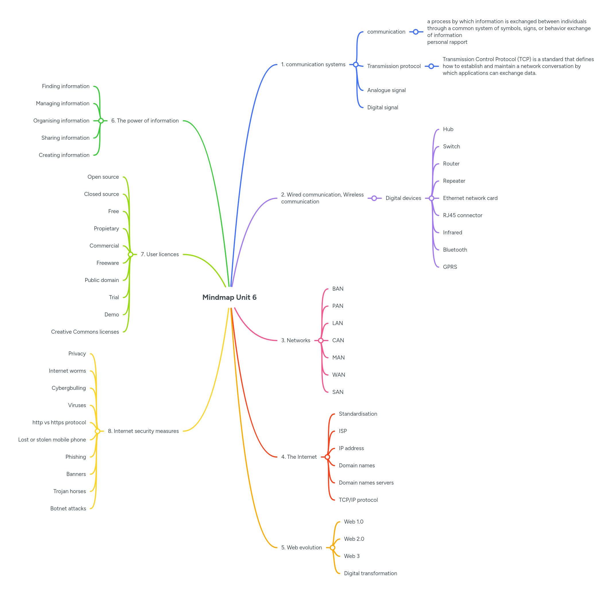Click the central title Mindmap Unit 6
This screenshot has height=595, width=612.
pyautogui.click(x=230, y=297)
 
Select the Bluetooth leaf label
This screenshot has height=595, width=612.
pyautogui.click(x=455, y=250)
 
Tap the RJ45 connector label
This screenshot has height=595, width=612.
pyautogui.click(x=462, y=215)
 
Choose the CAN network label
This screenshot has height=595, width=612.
pyautogui.click(x=338, y=340)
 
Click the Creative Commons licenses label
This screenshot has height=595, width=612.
pyautogui.click(x=85, y=332)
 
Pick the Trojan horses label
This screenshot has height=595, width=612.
pyautogui.click(x=69, y=491)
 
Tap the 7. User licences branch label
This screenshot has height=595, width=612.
pyautogui.click(x=160, y=254)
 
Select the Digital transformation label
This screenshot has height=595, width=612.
pyautogui.click(x=370, y=573)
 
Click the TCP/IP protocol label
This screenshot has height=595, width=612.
pyautogui.click(x=358, y=500)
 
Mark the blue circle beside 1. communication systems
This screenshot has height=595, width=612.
pyautogui.click(x=356, y=65)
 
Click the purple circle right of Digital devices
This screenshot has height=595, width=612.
pyautogui.click(x=431, y=198)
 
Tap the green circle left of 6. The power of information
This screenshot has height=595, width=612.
pyautogui.click(x=101, y=120)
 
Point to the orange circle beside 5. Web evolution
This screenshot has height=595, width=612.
pyautogui.click(x=333, y=547)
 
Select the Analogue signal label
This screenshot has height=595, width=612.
pyautogui.click(x=386, y=90)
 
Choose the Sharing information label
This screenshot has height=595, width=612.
pyautogui.click(x=65, y=138)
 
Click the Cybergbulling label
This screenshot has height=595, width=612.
pyautogui.click(x=69, y=388)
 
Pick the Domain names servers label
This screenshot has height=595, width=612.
pyautogui.click(x=366, y=483)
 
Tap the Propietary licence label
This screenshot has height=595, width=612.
pyautogui.click(x=106, y=228)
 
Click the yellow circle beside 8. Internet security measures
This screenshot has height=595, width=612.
pyautogui.click(x=98, y=431)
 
